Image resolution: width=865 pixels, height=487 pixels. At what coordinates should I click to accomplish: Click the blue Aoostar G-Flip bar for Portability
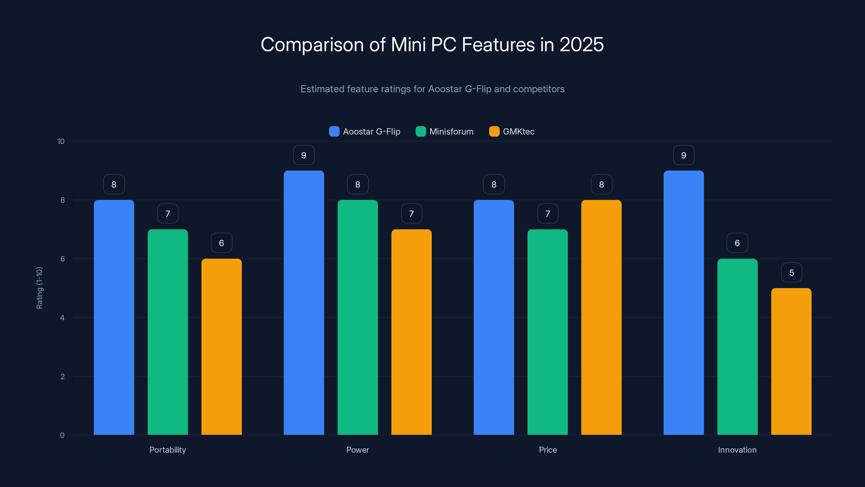[114, 317]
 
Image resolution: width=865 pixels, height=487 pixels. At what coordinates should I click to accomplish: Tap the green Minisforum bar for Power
[358, 317]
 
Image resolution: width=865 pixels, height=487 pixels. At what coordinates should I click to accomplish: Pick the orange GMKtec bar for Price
[601, 317]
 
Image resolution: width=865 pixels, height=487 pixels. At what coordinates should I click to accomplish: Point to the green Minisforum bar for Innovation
[737, 347]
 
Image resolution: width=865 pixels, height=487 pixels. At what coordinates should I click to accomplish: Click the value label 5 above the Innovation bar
[791, 272]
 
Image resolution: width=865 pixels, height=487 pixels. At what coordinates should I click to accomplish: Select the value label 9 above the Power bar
[304, 155]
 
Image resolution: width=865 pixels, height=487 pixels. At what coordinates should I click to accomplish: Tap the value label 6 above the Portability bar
[221, 243]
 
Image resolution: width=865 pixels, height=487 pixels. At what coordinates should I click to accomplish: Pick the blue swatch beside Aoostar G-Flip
[334, 131]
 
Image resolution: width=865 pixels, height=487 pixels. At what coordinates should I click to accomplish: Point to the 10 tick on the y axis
[61, 141]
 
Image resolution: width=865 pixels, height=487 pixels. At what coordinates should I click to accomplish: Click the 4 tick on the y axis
[62, 318]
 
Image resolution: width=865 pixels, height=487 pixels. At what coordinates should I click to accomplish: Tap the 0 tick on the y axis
[62, 435]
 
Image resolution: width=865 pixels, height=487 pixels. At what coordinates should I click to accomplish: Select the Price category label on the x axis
[548, 450]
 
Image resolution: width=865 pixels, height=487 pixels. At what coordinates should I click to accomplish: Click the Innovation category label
[737, 450]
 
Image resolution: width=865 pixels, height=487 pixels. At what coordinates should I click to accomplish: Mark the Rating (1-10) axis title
[39, 288]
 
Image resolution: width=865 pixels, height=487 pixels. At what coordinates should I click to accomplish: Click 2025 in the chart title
[581, 44]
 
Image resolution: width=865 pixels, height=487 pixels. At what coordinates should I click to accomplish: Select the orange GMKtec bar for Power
[411, 332]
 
